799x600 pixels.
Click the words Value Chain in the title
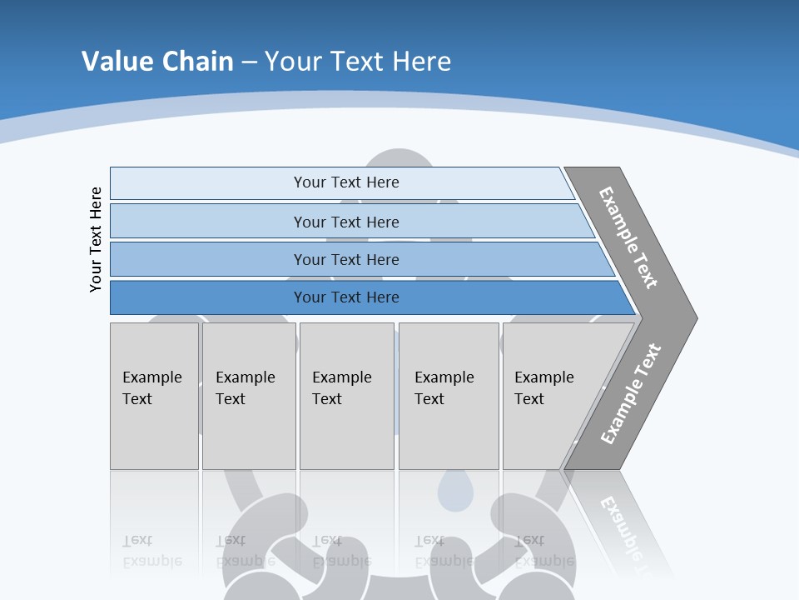point(157,61)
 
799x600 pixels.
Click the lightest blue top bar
point(208,182)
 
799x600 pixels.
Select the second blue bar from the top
point(208,222)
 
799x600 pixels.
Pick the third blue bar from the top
point(208,259)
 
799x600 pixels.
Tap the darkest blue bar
point(208,297)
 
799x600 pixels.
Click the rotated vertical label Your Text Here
point(96,239)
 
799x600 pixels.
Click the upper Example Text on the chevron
point(628,237)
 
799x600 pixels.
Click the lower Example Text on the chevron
point(630,394)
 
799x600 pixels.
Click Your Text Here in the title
point(358,61)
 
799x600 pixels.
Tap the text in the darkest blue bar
point(346,297)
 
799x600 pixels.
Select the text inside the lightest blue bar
point(346,182)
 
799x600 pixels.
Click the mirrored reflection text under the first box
point(151,552)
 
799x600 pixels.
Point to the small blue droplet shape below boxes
point(454,492)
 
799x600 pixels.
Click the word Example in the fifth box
point(543,377)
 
